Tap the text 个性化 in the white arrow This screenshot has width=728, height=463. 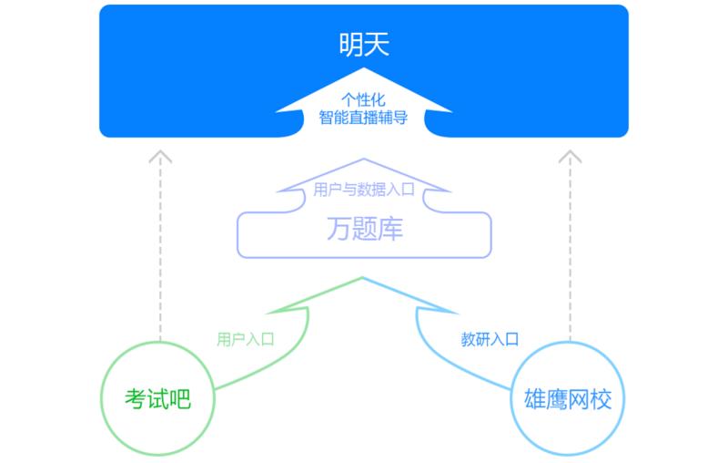click(x=364, y=99)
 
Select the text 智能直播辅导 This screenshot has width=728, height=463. click(x=363, y=118)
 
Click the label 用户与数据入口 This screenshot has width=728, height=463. click(x=363, y=190)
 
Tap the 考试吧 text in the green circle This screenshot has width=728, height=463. click(x=158, y=399)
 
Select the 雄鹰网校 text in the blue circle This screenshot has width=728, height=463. click(x=569, y=399)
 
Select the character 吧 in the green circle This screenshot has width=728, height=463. click(x=180, y=399)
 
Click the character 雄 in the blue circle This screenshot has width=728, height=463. click(x=536, y=399)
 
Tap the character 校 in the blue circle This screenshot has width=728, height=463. click(x=602, y=399)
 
